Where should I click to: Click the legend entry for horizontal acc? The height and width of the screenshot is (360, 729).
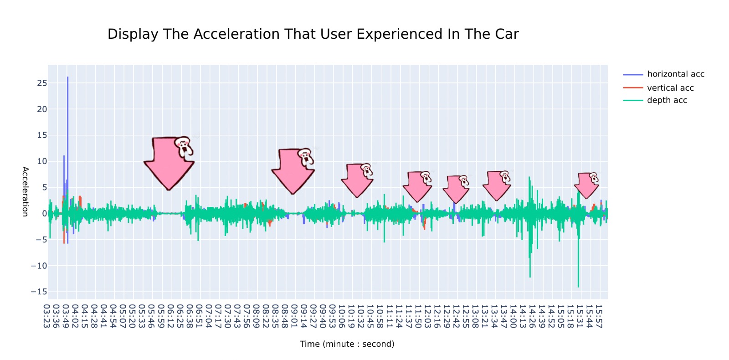tap(675, 74)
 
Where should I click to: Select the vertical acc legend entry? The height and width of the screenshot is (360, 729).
tap(670, 87)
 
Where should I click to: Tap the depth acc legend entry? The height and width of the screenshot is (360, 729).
tap(667, 100)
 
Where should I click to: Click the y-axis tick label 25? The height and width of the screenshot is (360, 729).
tap(42, 83)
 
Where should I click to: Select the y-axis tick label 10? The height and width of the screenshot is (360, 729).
tap(42, 161)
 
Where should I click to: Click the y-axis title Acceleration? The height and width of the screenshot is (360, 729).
tap(26, 191)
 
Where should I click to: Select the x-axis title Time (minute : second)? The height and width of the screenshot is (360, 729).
tap(347, 344)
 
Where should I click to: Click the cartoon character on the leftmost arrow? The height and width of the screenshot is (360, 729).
tap(184, 147)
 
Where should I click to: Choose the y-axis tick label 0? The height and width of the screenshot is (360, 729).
tap(44, 213)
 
